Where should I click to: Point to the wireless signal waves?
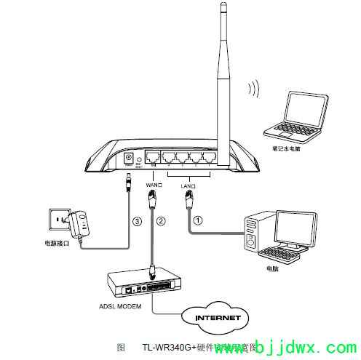254,89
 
